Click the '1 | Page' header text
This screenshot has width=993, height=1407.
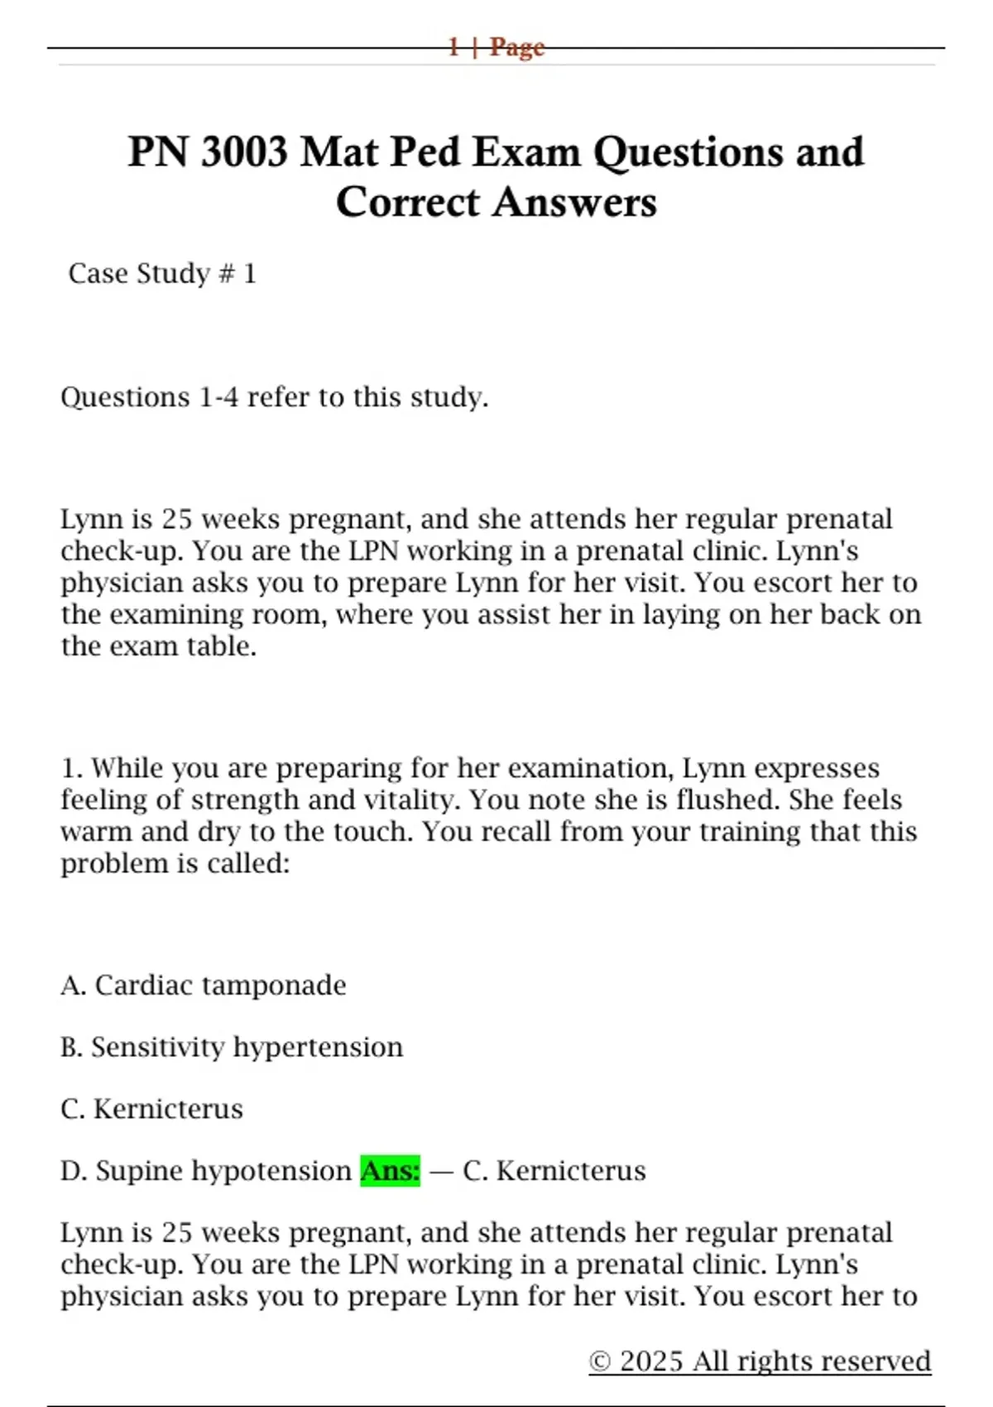coord(496,47)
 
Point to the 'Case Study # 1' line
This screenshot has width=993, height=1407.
coord(162,273)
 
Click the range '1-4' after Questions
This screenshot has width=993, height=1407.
coord(218,397)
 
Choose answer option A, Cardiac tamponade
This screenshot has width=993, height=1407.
coord(204,985)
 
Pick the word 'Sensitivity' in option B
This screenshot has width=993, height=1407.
coord(156,1047)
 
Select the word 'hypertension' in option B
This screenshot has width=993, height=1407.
coord(318,1047)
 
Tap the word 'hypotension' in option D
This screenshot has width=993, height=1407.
coord(270,1170)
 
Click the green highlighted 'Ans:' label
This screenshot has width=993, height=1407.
coord(390,1170)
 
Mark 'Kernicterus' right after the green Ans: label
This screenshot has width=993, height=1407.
coord(571,1170)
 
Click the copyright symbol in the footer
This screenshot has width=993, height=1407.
coord(601,1361)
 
